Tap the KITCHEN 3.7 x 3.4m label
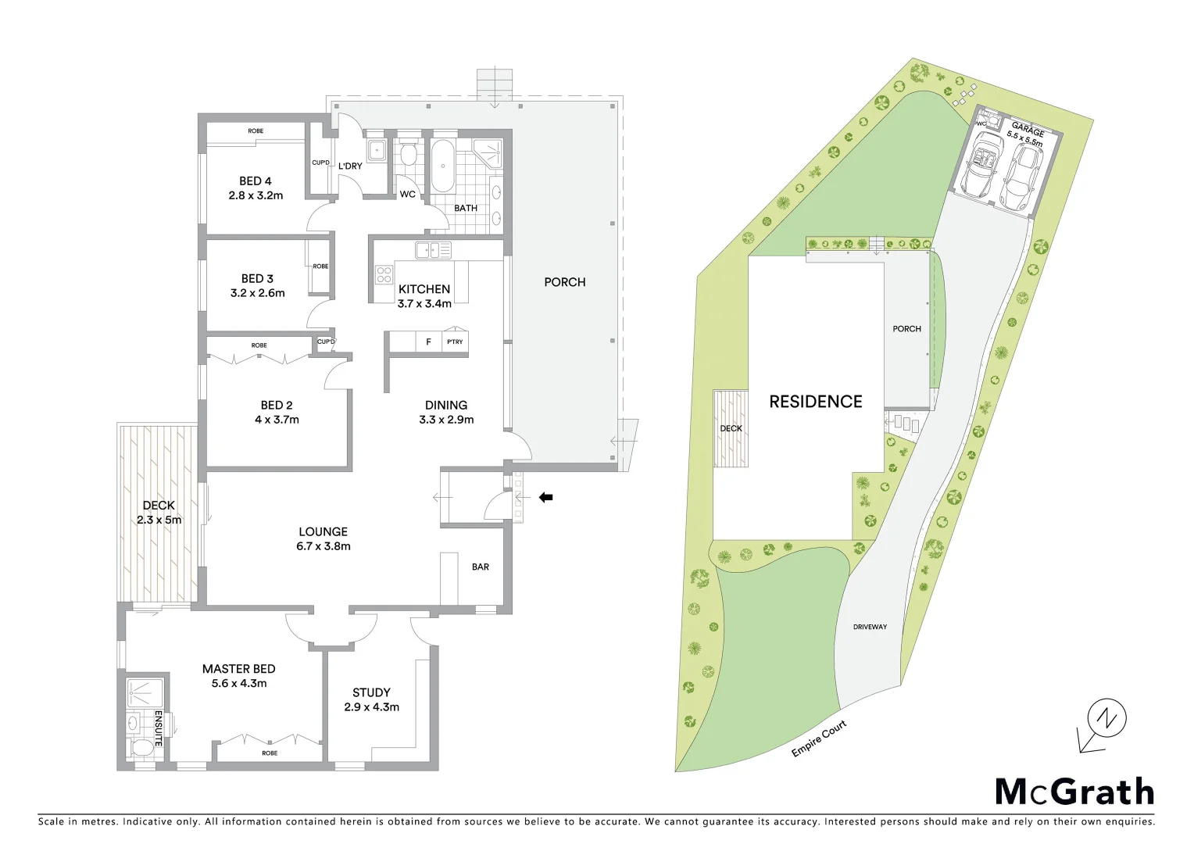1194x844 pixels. pyautogui.click(x=424, y=296)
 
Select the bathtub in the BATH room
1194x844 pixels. pyautogui.click(x=442, y=166)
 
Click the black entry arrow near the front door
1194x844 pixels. pyautogui.click(x=546, y=497)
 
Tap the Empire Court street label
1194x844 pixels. pyautogui.click(x=818, y=738)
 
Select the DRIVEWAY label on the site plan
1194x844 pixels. pyautogui.click(x=870, y=627)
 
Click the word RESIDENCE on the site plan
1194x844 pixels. pyautogui.click(x=815, y=402)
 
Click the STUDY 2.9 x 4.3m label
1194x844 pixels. pyautogui.click(x=371, y=699)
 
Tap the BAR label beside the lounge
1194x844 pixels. pyautogui.click(x=481, y=567)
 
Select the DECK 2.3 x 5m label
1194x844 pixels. pyautogui.click(x=159, y=513)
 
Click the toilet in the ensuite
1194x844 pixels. pyautogui.click(x=141, y=748)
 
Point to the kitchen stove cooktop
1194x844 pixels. pyautogui.click(x=384, y=274)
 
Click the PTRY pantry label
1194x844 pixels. pyautogui.click(x=455, y=342)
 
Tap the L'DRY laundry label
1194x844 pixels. pyautogui.click(x=350, y=166)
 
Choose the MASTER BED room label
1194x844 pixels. pyautogui.click(x=238, y=676)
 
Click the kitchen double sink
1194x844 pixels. pyautogui.click(x=433, y=250)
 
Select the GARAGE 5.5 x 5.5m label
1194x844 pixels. pyautogui.click(x=1026, y=134)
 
